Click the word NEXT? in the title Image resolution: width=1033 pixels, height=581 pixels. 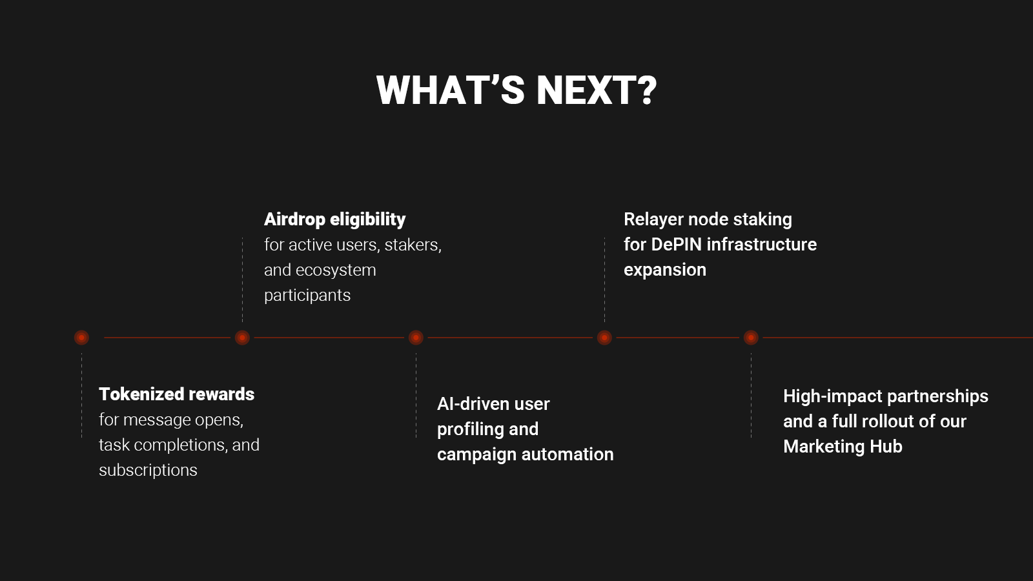[x=597, y=90]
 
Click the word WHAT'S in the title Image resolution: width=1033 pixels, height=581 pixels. [x=451, y=90]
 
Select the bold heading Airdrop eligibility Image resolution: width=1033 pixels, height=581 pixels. [x=335, y=219]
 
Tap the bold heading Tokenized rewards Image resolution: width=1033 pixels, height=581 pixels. [x=177, y=394]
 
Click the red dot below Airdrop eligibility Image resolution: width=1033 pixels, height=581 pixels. [x=242, y=338]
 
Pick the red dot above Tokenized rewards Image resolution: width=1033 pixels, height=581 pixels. [x=81, y=338]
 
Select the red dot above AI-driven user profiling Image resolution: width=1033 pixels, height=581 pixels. [x=416, y=338]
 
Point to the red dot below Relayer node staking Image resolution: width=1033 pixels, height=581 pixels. [x=604, y=338]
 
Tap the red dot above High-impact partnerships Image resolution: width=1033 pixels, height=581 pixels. [x=751, y=338]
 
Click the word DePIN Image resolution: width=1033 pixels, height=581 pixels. [x=677, y=245]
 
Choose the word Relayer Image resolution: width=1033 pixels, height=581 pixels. [x=653, y=220]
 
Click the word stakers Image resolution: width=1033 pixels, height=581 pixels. [x=413, y=245]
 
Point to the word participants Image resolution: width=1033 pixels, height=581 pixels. [x=307, y=296]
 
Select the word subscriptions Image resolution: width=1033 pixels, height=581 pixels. [x=148, y=471]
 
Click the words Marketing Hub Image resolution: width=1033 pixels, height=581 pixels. [x=843, y=447]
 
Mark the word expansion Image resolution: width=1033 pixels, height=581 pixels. [x=665, y=270]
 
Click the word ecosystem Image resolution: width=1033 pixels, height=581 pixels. [x=336, y=270]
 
